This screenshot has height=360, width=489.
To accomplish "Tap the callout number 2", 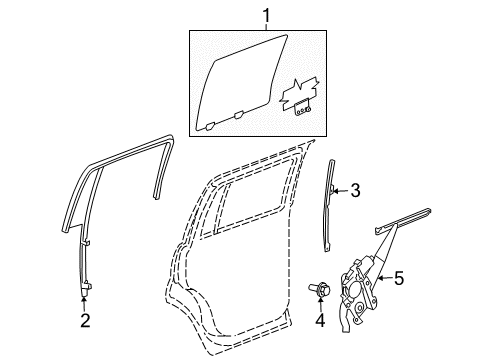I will pos(86,321).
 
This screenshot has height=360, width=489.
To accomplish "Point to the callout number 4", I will pos(321,321).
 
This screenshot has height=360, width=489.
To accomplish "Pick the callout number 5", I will pos(399,281).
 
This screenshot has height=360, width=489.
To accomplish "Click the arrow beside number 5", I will pos(384,281).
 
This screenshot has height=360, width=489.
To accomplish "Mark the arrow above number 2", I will pos(86,300).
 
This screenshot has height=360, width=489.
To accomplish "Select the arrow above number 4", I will pos(321,304).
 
